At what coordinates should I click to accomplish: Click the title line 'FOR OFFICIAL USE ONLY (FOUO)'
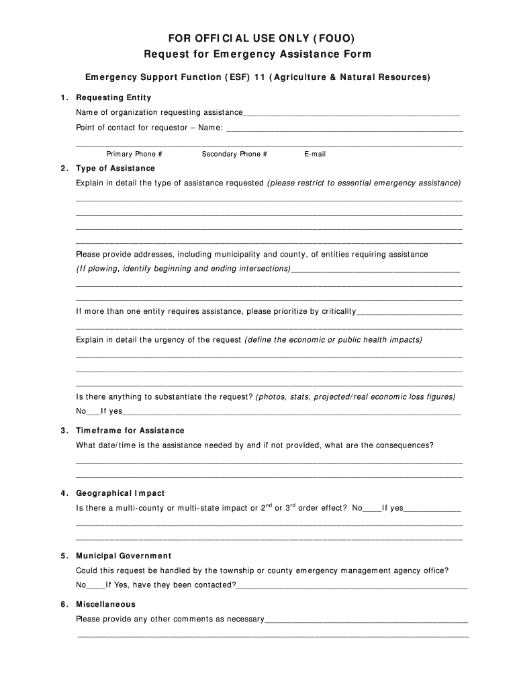pyautogui.click(x=258, y=38)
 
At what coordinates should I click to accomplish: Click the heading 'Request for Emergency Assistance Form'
pyautogui.click(x=258, y=54)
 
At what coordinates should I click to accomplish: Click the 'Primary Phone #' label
pyautogui.click(x=134, y=154)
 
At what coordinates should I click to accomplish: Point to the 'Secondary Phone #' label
pyautogui.click(x=234, y=154)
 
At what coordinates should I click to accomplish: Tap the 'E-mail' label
pyautogui.click(x=315, y=154)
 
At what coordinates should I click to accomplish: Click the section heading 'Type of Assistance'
pyautogui.click(x=115, y=168)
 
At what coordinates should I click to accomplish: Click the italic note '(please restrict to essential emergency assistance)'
pyautogui.click(x=364, y=183)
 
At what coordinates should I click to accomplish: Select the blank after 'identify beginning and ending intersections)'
pyautogui.click(x=376, y=270)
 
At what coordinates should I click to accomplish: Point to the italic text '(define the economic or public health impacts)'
pyautogui.click(x=333, y=340)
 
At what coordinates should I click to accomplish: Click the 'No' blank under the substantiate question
pyautogui.click(x=93, y=413)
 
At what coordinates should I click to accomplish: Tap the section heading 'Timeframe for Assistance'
pyautogui.click(x=130, y=430)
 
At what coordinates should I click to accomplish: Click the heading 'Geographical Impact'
pyautogui.click(x=120, y=493)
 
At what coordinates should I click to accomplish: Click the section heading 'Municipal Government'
pyautogui.click(x=124, y=556)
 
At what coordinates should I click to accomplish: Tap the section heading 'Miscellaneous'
pyautogui.click(x=105, y=604)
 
